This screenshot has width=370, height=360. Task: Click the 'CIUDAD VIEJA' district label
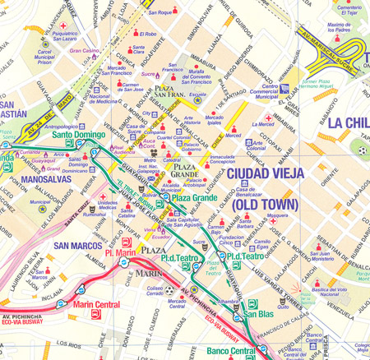(266, 173)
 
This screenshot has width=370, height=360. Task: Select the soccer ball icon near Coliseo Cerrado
(169, 289)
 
